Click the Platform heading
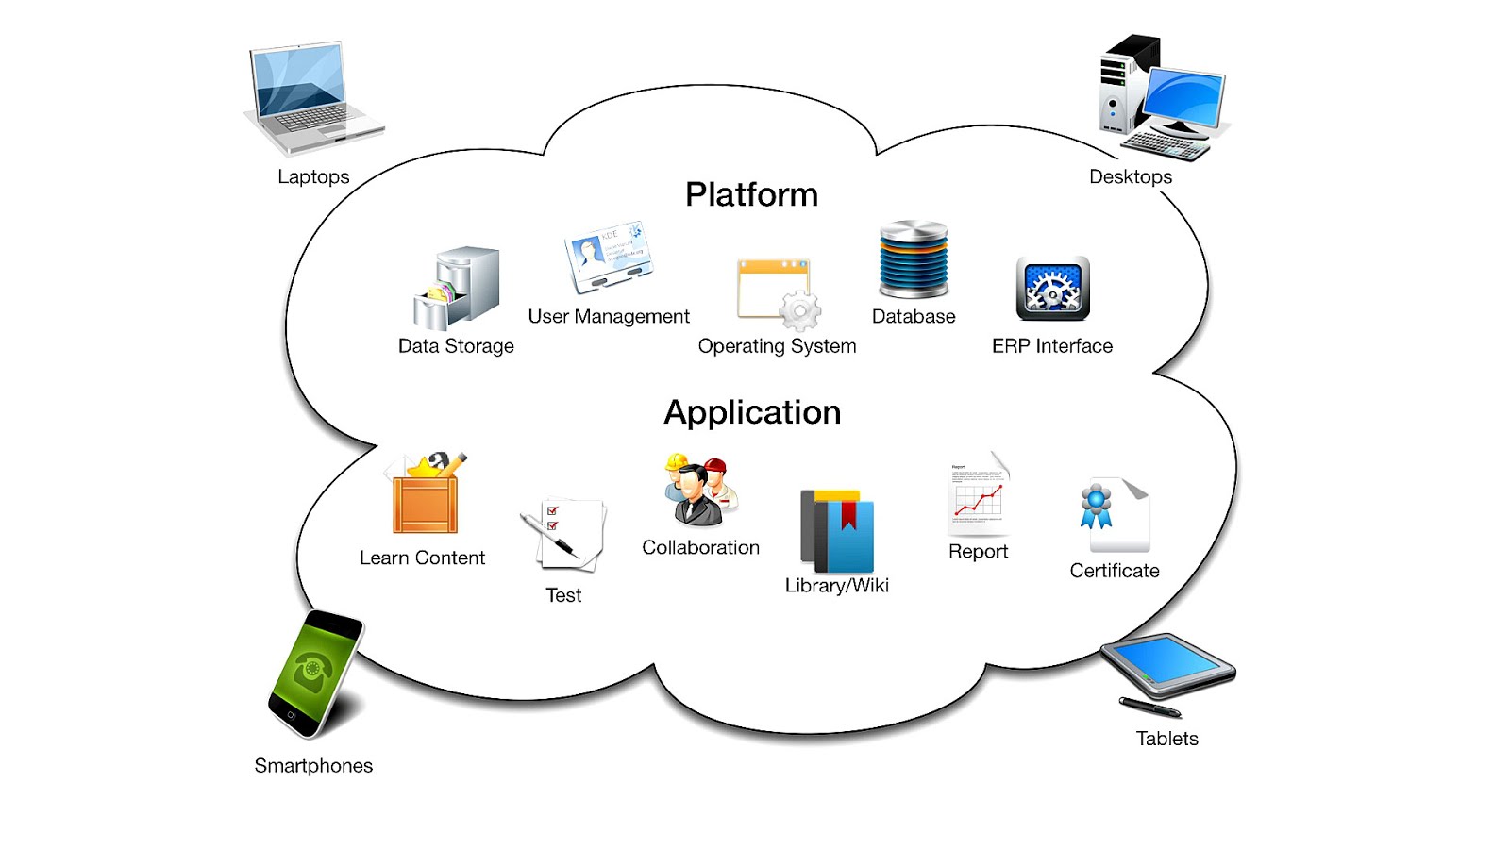(x=751, y=194)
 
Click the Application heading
(x=752, y=412)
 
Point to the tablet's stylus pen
(x=1149, y=707)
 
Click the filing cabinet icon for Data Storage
(x=459, y=288)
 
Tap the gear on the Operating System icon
(x=800, y=310)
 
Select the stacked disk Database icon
(x=914, y=260)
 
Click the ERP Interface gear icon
(x=1052, y=288)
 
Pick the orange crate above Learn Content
(x=425, y=503)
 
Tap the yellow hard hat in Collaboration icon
(x=677, y=461)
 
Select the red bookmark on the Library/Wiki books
(x=848, y=514)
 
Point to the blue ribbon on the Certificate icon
(x=1096, y=507)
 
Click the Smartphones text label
(x=313, y=766)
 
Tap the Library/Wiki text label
(x=837, y=586)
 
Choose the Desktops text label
(x=1131, y=177)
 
